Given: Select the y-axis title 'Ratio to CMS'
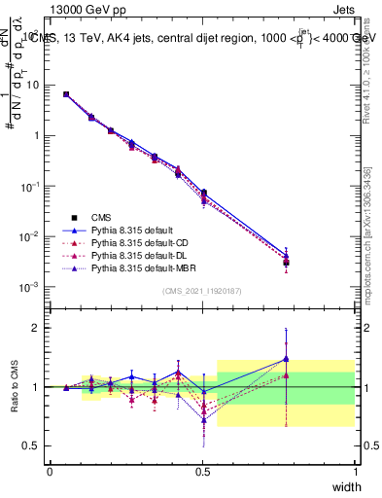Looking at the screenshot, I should point(17,386).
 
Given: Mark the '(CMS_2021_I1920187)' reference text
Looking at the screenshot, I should point(202,291).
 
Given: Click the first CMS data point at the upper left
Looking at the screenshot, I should point(66,94).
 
